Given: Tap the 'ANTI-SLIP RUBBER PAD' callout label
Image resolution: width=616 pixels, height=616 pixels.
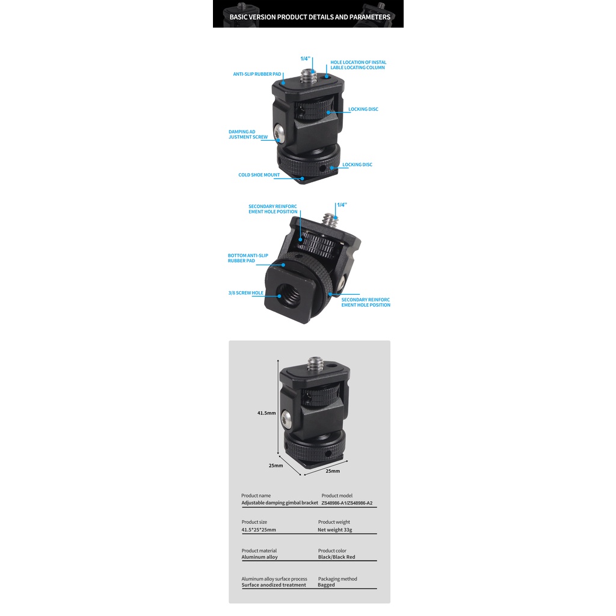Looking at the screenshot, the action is [257, 75].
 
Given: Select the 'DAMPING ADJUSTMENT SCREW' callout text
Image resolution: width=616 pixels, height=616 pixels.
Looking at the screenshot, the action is [248, 134].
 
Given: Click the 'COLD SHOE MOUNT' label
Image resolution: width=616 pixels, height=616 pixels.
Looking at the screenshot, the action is [259, 175].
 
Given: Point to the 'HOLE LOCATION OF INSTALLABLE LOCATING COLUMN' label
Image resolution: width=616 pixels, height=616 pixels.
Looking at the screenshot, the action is [358, 65].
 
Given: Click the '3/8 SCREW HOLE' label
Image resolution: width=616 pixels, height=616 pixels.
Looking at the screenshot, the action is [245, 293].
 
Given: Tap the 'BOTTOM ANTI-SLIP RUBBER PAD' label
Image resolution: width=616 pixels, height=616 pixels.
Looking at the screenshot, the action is [248, 258].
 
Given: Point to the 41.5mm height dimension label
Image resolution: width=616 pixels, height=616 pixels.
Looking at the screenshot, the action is [266, 413].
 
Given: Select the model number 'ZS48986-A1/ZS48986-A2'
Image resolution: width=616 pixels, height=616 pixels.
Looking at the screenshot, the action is [351, 503].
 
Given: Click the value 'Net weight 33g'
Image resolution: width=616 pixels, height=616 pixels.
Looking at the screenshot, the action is [334, 530].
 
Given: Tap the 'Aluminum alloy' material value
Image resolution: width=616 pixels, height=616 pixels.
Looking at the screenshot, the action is [259, 557].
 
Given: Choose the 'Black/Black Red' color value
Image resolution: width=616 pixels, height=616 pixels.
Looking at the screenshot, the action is [336, 557].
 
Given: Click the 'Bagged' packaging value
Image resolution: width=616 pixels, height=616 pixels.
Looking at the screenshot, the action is [326, 585].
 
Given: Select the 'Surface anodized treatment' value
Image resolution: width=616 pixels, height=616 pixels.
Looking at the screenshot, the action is [274, 585].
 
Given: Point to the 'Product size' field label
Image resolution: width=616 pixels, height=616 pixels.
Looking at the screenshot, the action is [254, 522].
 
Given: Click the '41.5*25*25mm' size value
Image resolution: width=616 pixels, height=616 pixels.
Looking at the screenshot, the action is [259, 530].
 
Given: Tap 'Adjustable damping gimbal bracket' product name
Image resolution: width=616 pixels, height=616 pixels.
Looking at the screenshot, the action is [280, 503].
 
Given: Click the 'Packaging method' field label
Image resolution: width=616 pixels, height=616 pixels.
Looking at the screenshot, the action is [337, 579].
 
